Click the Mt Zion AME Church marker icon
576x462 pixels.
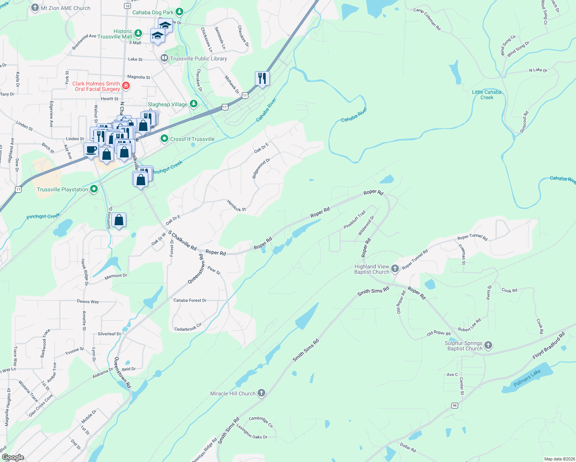(x=35, y=8)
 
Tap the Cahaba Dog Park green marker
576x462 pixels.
(x=179, y=12)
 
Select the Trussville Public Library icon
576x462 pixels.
(x=164, y=58)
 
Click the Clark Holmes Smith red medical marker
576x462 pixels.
(x=126, y=85)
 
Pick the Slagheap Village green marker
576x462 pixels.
(x=194, y=104)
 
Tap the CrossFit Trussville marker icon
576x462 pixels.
(x=164, y=139)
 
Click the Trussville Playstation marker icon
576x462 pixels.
(x=94, y=189)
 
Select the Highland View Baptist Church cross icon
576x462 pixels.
(x=395, y=269)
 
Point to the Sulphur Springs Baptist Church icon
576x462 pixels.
(x=488, y=345)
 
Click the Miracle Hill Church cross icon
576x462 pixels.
(x=261, y=393)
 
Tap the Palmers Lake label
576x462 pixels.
(x=527, y=378)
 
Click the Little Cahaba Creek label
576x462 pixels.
(x=487, y=95)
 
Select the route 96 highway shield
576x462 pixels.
(x=455, y=405)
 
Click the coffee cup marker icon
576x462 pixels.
(x=91, y=149)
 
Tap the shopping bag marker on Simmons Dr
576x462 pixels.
(x=119, y=220)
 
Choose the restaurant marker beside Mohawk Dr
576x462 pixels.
(x=262, y=79)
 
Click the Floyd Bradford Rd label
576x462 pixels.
(x=548, y=345)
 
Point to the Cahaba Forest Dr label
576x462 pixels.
(x=190, y=300)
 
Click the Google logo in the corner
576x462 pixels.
(x=13, y=457)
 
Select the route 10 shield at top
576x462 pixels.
(x=127, y=6)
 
